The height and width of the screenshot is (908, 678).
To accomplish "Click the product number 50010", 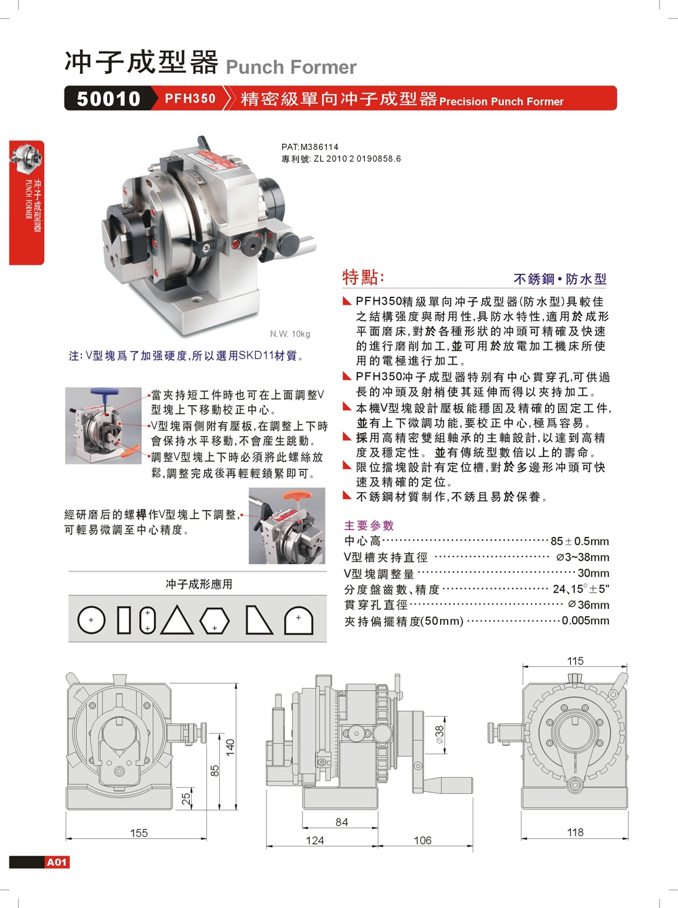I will pyautogui.click(x=108, y=98).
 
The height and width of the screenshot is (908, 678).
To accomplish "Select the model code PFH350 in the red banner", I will pyautogui.click(x=190, y=98).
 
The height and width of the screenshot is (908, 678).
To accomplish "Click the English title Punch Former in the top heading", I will pyautogui.click(x=291, y=67).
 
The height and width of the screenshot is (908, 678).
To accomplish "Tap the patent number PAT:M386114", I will pyautogui.click(x=310, y=147).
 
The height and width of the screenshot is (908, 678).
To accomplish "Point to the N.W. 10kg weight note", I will pyautogui.click(x=290, y=334).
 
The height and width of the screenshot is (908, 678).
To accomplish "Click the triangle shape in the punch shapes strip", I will pyautogui.click(x=177, y=620).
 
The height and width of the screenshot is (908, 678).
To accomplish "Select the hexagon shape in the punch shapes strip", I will pyautogui.click(x=214, y=620).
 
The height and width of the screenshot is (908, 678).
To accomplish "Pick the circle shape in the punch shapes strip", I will pyautogui.click(x=92, y=620).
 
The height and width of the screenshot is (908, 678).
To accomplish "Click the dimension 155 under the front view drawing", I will pyautogui.click(x=138, y=833).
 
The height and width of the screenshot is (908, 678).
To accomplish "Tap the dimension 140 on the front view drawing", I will pyautogui.click(x=231, y=747).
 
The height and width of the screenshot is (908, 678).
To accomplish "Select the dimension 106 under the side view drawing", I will pyautogui.click(x=422, y=840).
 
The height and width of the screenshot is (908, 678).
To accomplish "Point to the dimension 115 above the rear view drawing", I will pyautogui.click(x=575, y=661).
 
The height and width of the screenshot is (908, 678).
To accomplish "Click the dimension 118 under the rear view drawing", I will pyautogui.click(x=575, y=832).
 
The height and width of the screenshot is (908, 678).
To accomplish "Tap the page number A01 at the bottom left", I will pyautogui.click(x=57, y=862).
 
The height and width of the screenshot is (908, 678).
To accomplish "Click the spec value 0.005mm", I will pyautogui.click(x=585, y=620).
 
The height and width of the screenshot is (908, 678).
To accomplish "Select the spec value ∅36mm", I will pyautogui.click(x=589, y=605).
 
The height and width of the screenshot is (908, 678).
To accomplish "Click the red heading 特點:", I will pyautogui.click(x=363, y=277).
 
